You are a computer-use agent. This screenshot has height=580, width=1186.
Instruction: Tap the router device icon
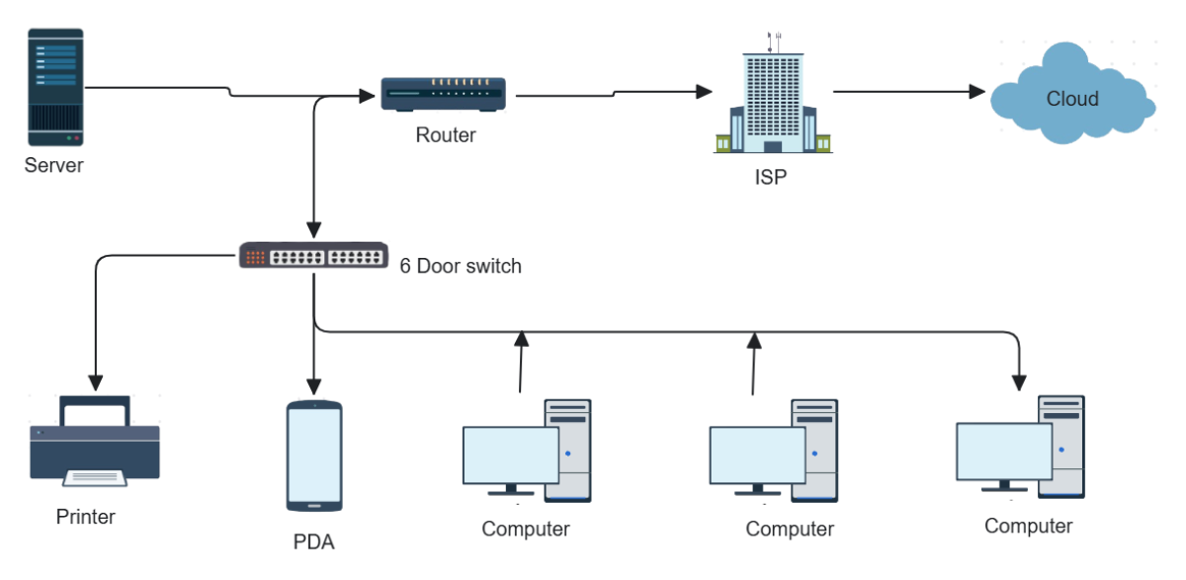[x=444, y=94]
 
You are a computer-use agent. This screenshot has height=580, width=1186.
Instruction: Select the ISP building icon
[x=773, y=99]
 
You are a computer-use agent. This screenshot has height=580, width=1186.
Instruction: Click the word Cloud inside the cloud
[x=1072, y=99]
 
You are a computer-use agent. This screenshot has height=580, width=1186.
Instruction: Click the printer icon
[x=95, y=442]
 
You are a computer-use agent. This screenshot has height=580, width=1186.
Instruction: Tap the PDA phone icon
[x=314, y=456]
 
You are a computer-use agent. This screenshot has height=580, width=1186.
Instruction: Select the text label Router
[x=445, y=135]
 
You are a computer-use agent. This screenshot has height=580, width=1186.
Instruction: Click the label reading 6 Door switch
[x=461, y=267]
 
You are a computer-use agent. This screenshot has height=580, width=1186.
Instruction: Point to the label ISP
[x=772, y=179]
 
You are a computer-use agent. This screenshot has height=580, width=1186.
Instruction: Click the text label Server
[x=54, y=165]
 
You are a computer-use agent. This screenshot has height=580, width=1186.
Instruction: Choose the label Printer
[x=86, y=517]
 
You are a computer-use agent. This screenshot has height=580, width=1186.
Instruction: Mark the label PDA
[x=313, y=541]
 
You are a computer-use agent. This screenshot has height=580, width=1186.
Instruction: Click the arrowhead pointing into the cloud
[x=978, y=92]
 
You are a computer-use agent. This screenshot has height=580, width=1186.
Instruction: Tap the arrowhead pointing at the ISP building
[x=704, y=92]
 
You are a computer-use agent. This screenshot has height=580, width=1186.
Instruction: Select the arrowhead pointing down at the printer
[x=96, y=380]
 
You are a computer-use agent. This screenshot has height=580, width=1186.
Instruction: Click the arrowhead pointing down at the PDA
[x=314, y=384]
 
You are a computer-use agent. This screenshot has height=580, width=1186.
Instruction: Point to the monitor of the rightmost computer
[x=1003, y=451]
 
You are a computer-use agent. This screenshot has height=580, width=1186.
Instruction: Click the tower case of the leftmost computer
[x=568, y=450]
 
